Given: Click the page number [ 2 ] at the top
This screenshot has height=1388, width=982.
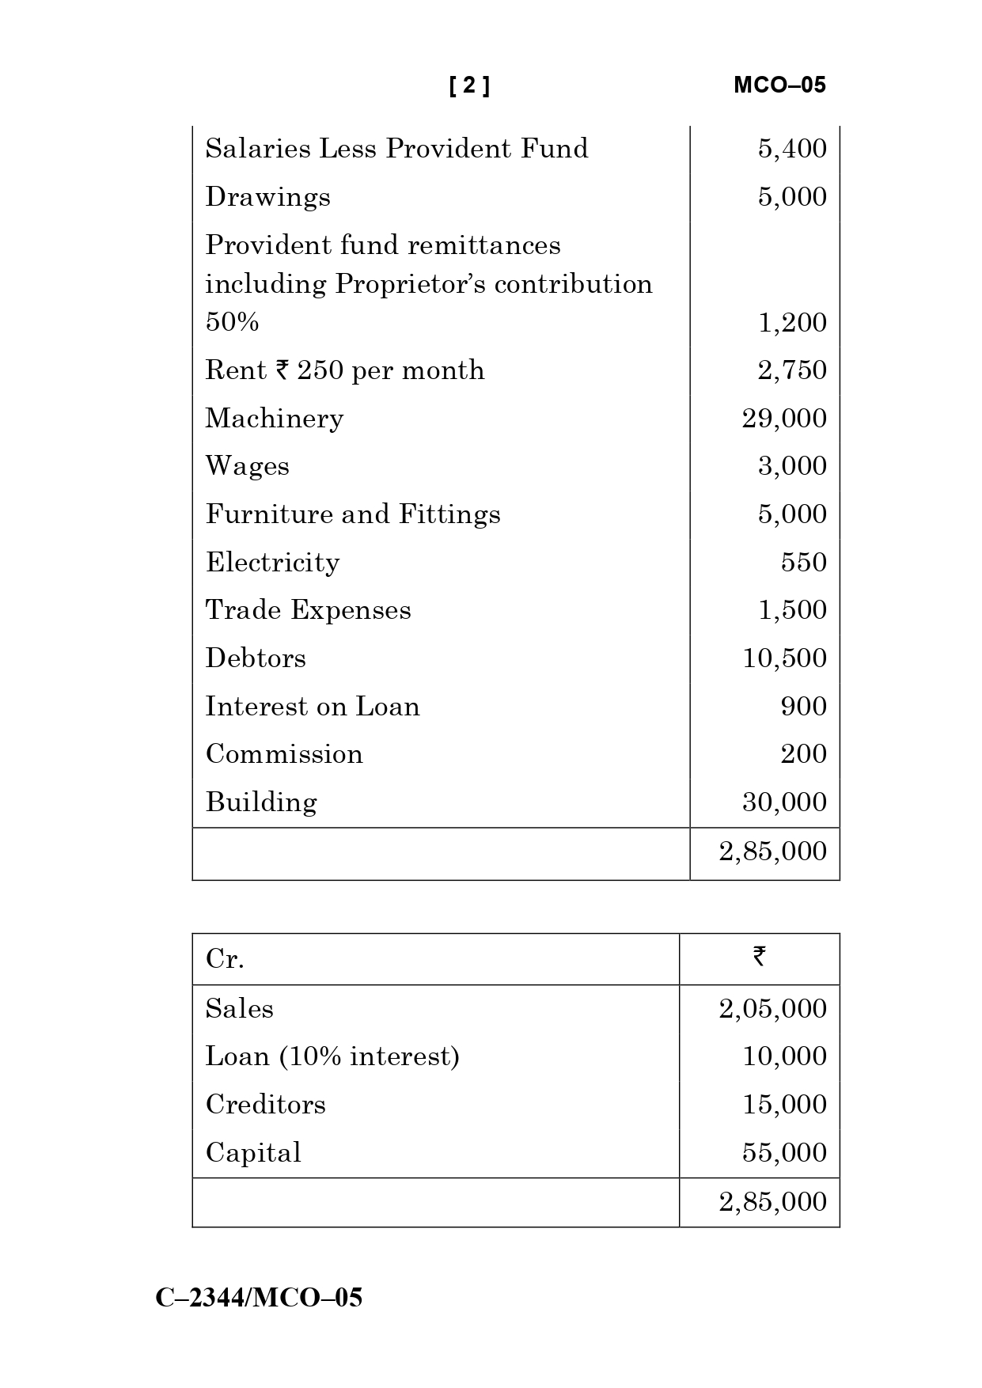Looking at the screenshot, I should pos(469,85).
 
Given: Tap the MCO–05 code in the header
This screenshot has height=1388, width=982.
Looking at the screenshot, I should pos(779,85).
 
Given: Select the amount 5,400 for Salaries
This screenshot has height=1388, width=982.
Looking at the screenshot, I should pos(792,149).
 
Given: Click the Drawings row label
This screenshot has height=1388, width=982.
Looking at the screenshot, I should pos(267,197).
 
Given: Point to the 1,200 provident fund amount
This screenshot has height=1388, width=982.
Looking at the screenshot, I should pos(792,323).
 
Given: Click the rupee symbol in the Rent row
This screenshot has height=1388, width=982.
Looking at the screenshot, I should pos(282,370).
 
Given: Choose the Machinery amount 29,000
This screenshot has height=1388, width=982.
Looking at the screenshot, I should pos(784,419).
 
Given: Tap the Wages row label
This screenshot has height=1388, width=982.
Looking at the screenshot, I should pos(247,466).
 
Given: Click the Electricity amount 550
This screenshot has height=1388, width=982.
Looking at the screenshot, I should pos(803,563).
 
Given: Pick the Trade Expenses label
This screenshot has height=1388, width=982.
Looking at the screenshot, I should pos(308,610).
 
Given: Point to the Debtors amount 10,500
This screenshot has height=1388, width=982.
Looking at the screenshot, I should pos(784,658).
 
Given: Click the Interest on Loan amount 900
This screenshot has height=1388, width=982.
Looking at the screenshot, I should pos(803,707).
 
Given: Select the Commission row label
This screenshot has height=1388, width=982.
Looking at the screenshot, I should pos(284,754).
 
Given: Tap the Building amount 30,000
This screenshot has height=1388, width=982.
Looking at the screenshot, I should pos(784,802).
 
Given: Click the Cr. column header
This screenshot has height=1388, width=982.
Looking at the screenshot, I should pos(225,959).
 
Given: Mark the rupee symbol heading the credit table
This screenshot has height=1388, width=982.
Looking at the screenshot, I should pos(759,957).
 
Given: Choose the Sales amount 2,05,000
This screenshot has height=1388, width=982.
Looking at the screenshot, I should pos(772,1009).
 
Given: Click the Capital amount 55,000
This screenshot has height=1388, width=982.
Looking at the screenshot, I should pos(784,1153).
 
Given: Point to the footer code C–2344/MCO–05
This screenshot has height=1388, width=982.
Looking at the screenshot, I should pos(259,1298).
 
